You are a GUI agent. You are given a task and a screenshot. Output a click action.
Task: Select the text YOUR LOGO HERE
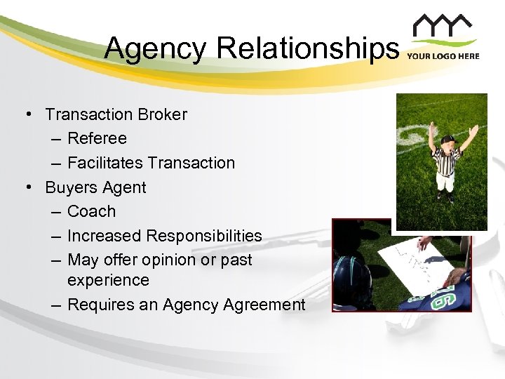pyautogui.click(x=443, y=56)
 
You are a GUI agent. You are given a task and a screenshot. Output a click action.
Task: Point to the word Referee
pyautogui.click(x=97, y=138)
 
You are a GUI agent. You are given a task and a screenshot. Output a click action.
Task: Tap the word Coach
pyautogui.click(x=92, y=211)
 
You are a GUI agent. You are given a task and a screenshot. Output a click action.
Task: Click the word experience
pyautogui.click(x=108, y=280)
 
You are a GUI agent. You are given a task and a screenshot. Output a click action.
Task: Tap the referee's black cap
pyautogui.click(x=448, y=138)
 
